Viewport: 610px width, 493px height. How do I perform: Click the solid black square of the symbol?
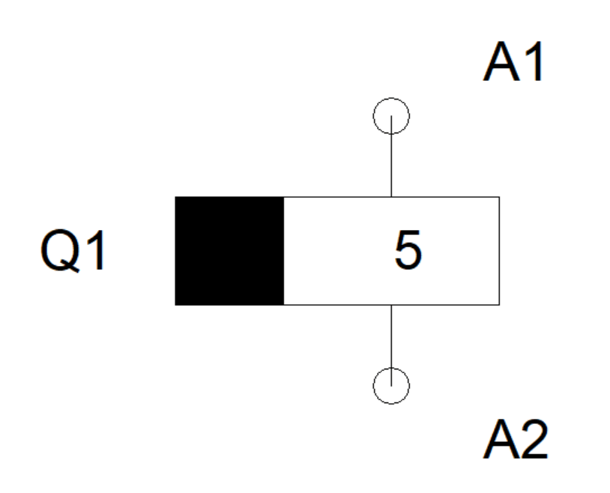click(229, 251)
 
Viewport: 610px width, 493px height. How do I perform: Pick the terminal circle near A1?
click(391, 116)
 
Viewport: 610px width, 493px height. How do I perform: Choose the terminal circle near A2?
click(391, 386)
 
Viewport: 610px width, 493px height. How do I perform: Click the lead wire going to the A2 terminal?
click(391, 337)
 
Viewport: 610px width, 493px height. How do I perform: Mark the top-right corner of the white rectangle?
click(499, 197)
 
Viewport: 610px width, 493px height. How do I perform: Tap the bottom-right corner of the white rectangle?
click(499, 305)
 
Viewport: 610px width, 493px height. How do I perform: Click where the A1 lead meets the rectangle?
click(391, 197)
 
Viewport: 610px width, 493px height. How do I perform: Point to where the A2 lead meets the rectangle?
click(391, 305)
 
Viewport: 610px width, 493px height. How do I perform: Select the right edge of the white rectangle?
click(499, 251)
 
